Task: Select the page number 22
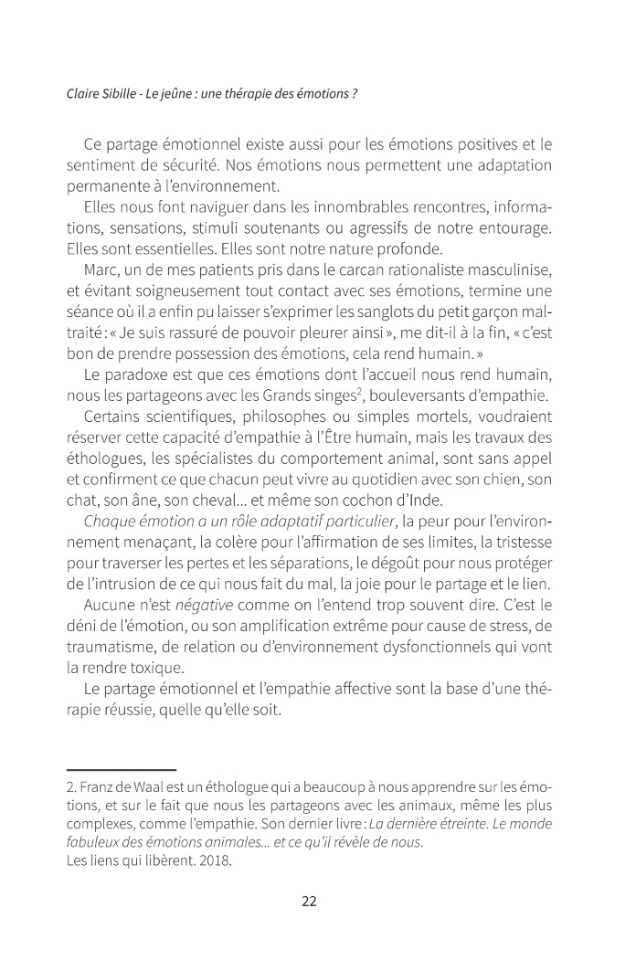click(309, 901)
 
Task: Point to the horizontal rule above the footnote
click(122, 771)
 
